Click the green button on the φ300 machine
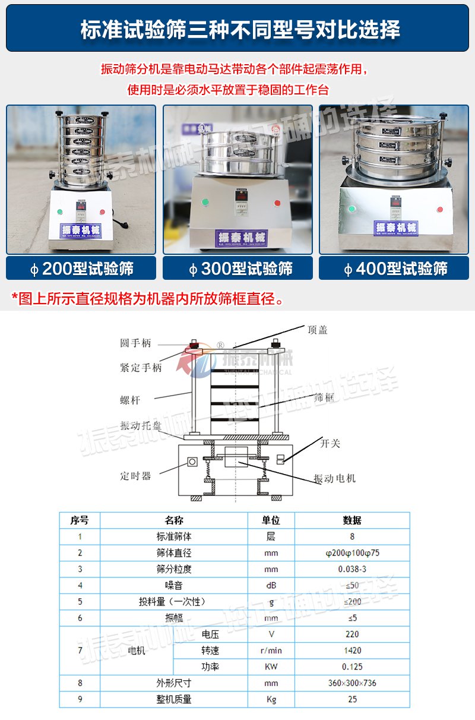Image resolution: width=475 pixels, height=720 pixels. pyautogui.click(x=205, y=202)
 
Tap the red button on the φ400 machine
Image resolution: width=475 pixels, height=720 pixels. pyautogui.click(x=440, y=209)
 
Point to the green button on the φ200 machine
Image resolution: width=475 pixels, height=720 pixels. pyautogui.click(x=59, y=211)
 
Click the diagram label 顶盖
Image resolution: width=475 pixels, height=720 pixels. pyautogui.click(x=318, y=330)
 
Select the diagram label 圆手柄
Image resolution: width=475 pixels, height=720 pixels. pyautogui.click(x=135, y=343)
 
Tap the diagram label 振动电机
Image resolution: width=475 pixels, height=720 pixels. pyautogui.click(x=334, y=478)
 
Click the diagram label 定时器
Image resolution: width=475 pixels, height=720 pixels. pyautogui.click(x=135, y=476)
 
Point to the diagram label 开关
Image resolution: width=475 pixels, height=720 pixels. pyautogui.click(x=331, y=443)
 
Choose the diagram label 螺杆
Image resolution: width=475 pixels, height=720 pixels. pyautogui.click(x=130, y=400)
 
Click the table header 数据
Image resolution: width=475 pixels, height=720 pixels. pyautogui.click(x=352, y=520)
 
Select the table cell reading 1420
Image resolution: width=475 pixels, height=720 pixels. pyautogui.click(x=352, y=650)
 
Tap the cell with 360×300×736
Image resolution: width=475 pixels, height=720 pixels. pyautogui.click(x=352, y=683)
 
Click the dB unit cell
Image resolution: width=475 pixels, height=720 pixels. pyautogui.click(x=271, y=585)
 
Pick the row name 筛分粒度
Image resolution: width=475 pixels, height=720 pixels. pyautogui.click(x=174, y=569)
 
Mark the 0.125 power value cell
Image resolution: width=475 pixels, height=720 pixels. pyautogui.click(x=352, y=667)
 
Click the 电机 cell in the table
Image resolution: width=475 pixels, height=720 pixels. pyautogui.click(x=137, y=650)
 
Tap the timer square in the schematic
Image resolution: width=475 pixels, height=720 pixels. pyautogui.click(x=192, y=462)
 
